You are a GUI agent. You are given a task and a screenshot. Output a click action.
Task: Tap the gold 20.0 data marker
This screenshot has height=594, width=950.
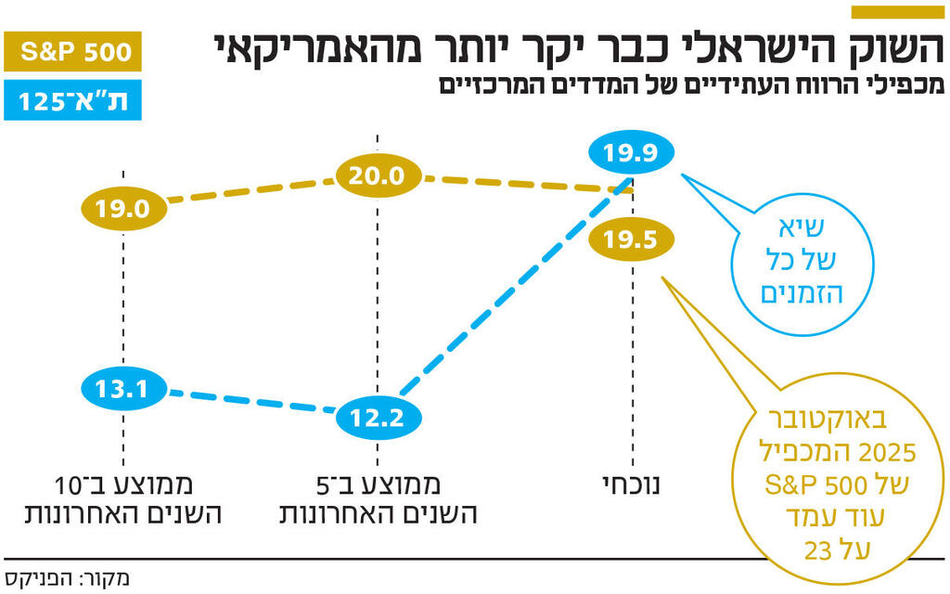378,175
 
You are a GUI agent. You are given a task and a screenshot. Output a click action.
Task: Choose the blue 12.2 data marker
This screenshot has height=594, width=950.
378,418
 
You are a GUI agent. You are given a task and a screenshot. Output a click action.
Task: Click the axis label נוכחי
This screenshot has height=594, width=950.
632,485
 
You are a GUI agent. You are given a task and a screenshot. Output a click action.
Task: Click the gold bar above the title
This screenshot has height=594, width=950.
896,12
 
